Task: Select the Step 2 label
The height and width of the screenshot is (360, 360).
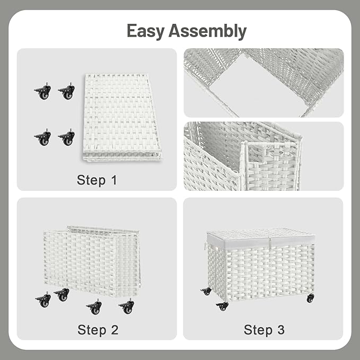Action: (x=98, y=329)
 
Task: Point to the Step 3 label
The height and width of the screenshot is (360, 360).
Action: (x=264, y=329)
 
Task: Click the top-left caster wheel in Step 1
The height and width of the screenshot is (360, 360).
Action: (x=43, y=92)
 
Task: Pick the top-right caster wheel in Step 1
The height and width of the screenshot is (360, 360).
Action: (x=66, y=92)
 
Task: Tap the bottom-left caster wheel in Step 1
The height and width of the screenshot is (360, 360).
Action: (x=43, y=138)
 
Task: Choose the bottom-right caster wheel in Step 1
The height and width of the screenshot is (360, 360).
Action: (x=66, y=138)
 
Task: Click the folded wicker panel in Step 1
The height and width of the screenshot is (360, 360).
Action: (x=121, y=118)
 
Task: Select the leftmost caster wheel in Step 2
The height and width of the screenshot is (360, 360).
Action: (x=43, y=300)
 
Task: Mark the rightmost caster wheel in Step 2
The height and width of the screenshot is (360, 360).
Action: (x=127, y=306)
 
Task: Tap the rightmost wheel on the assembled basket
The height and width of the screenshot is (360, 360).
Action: (x=310, y=298)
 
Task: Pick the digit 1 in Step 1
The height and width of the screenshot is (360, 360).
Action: (x=113, y=180)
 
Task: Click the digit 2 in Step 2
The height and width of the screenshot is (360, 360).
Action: (x=114, y=329)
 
